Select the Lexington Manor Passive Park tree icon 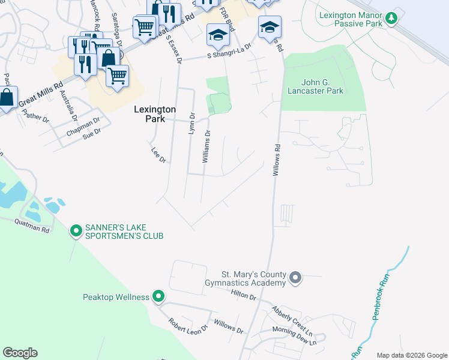[391, 18]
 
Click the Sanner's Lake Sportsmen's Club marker [76, 230]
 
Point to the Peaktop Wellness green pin [158, 296]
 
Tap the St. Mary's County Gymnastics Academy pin [295, 277]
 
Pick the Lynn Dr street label [192, 124]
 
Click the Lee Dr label [158, 154]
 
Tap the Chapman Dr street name [83, 126]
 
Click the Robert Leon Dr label [187, 325]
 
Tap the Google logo [20, 353]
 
